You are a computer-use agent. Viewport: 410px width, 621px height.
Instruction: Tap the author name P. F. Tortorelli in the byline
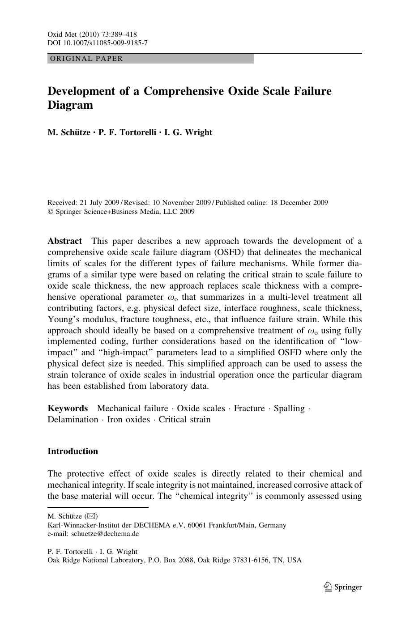(126, 132)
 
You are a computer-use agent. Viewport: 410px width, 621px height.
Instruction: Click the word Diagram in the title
(70, 105)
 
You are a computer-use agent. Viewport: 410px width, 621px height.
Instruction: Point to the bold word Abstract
(64, 241)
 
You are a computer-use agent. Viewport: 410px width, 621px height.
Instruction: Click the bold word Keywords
(68, 408)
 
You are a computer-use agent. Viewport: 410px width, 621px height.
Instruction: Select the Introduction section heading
(73, 451)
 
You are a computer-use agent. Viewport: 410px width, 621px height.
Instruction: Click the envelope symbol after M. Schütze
(91, 516)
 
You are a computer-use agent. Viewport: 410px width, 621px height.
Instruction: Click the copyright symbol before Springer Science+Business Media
(50, 212)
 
